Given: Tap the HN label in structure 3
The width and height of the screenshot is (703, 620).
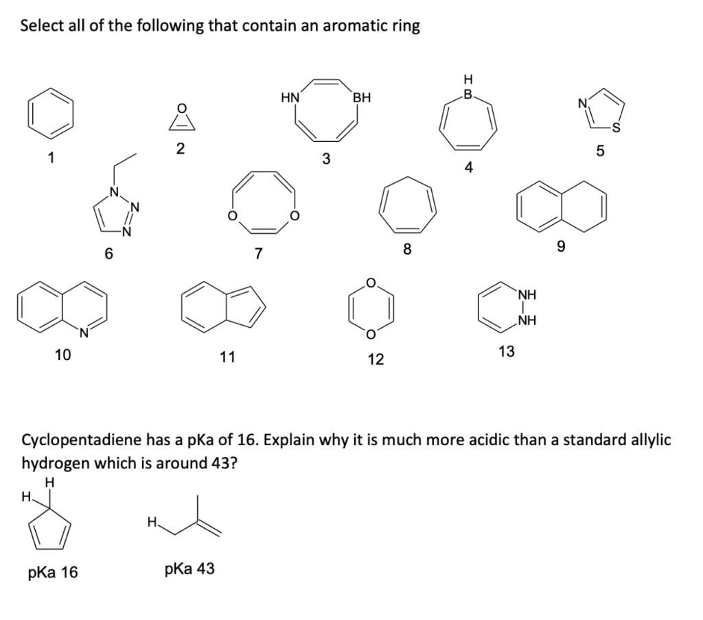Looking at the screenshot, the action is (x=290, y=97).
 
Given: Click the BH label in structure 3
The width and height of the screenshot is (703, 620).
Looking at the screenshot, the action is (x=361, y=97).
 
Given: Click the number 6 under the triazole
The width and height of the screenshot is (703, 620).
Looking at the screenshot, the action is (x=108, y=252).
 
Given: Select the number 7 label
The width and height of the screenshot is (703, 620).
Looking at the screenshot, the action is (x=258, y=254).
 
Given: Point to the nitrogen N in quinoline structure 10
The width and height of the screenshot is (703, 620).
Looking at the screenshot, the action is (x=84, y=333).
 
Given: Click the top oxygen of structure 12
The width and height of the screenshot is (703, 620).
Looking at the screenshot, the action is (x=371, y=282).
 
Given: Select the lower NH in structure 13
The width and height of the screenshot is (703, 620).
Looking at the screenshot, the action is (x=527, y=320).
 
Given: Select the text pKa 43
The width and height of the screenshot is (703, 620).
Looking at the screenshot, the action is (x=189, y=568).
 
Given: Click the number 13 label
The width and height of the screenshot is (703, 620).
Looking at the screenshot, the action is (x=506, y=351).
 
